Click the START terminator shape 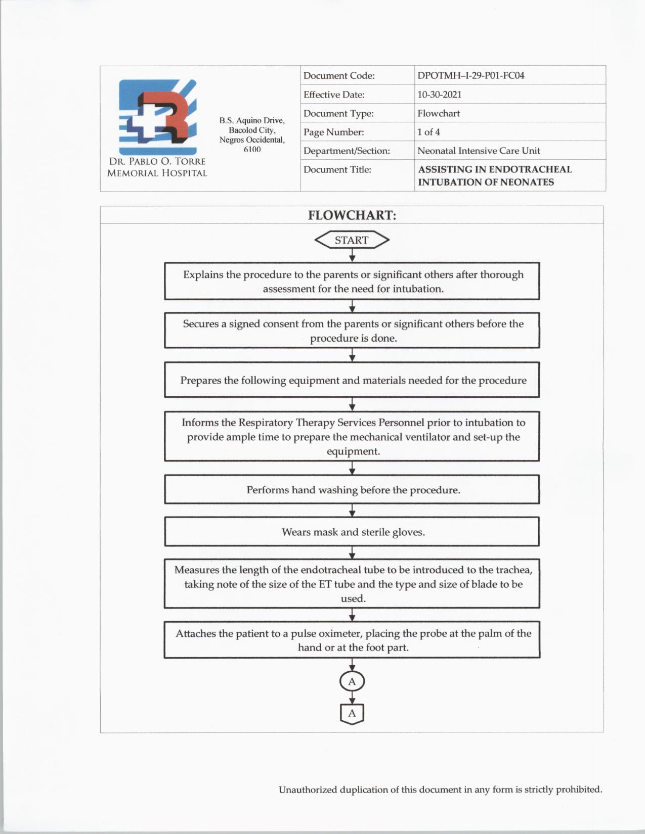352,240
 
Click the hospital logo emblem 157,117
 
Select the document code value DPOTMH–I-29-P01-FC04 470,76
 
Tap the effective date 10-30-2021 439,95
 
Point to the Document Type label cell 338,113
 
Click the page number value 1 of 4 428,132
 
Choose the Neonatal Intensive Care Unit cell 479,151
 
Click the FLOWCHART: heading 352,215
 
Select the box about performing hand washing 352,490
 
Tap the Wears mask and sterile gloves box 352,532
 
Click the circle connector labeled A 352,681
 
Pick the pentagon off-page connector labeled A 352,714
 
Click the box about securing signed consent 352,331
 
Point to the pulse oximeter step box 352,640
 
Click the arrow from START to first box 352,256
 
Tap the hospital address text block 252,134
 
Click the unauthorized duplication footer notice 440,790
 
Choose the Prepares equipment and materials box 352,380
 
